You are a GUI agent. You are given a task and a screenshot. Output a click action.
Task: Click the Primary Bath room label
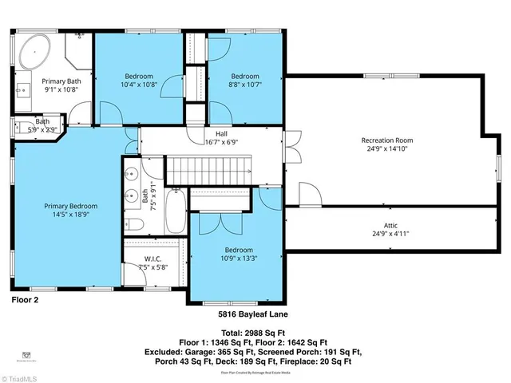[x=61, y=81]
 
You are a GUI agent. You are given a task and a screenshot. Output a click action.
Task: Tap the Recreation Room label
[x=386, y=140]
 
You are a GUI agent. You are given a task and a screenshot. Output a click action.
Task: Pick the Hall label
[x=221, y=133]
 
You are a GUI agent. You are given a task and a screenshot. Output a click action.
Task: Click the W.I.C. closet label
[x=154, y=258]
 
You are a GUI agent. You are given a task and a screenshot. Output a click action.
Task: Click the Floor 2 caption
[x=25, y=300]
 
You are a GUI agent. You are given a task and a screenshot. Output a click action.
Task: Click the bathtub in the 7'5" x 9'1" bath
[x=176, y=211]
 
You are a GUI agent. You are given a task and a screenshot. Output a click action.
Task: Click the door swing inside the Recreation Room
[x=309, y=194]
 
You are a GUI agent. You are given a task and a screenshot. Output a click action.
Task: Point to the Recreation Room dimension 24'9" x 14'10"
[x=386, y=148]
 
